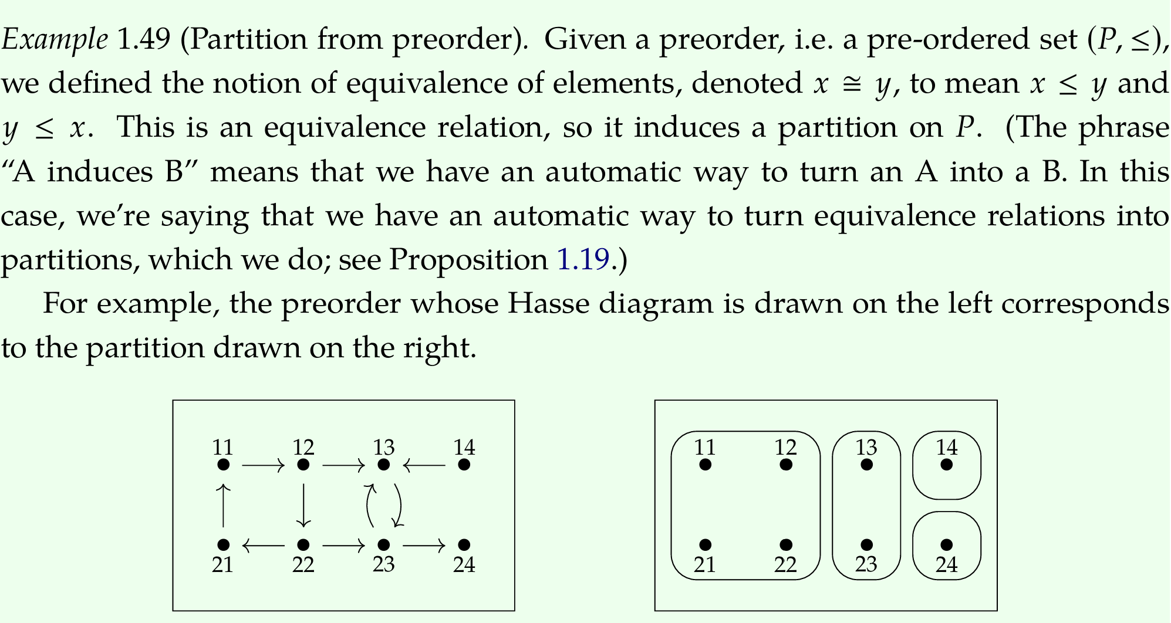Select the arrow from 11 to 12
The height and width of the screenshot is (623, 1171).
(263, 466)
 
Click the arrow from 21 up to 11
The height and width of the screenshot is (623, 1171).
(223, 505)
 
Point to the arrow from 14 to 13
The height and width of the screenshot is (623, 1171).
(424, 466)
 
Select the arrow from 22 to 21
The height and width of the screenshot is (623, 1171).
(263, 546)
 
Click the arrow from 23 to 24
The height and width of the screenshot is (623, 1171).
(424, 546)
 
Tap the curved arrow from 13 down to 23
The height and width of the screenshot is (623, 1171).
(400, 505)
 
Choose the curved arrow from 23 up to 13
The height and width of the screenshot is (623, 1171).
(368, 505)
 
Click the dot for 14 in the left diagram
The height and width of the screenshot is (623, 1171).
(464, 465)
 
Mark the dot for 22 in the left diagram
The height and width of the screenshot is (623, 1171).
(303, 546)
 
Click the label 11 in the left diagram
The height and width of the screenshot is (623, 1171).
(223, 448)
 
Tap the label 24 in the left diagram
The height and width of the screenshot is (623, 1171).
(464, 564)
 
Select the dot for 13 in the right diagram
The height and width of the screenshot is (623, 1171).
(866, 465)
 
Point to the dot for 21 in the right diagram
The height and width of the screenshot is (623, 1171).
(706, 546)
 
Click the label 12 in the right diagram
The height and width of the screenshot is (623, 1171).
(786, 448)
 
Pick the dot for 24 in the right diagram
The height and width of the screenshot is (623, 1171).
(947, 546)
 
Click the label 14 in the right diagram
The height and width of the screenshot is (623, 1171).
(947, 448)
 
